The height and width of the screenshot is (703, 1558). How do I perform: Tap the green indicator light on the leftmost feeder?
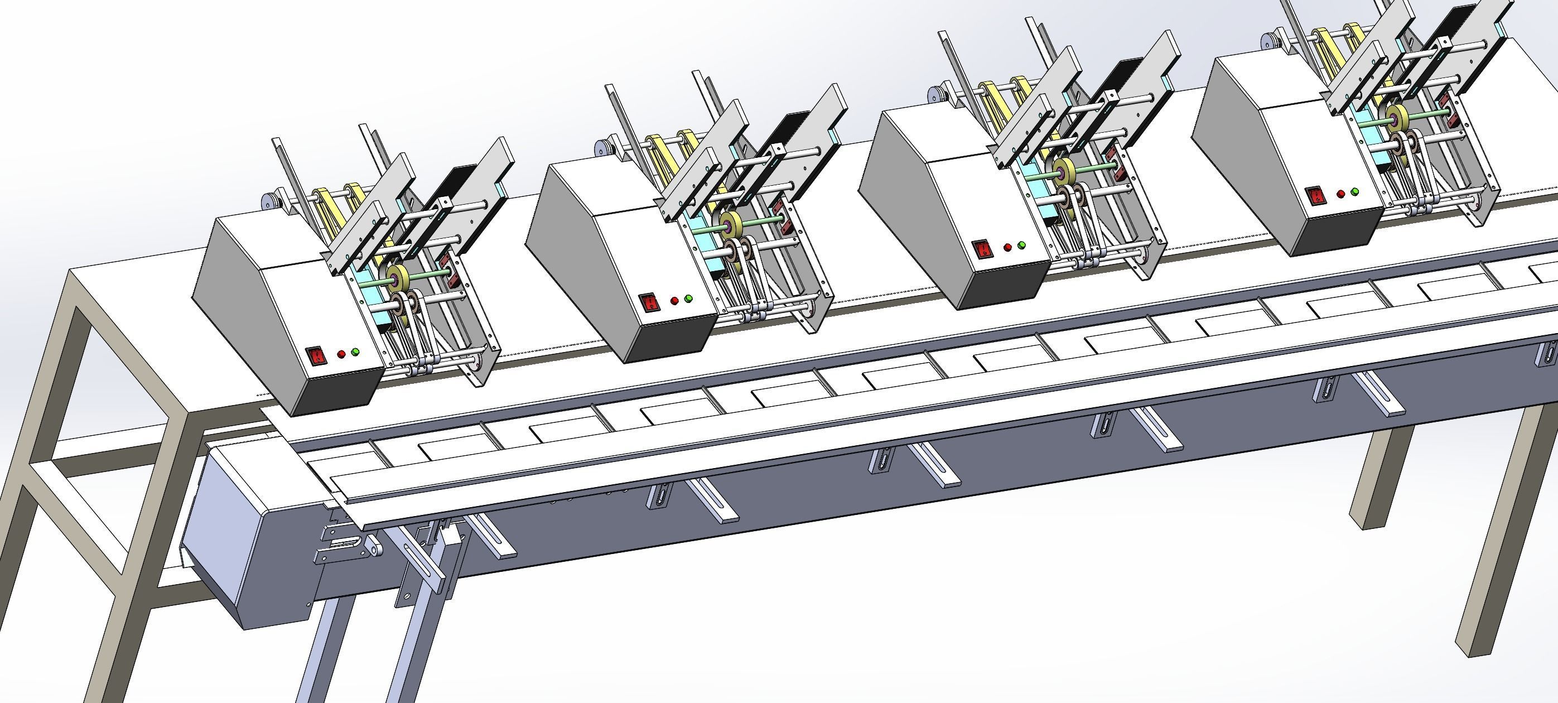(x=355, y=351)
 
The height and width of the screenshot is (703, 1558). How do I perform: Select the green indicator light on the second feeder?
(x=688, y=298)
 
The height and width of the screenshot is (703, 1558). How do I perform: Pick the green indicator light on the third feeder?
(x=1021, y=245)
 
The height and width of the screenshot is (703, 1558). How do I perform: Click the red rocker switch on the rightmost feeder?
(x=1314, y=196)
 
